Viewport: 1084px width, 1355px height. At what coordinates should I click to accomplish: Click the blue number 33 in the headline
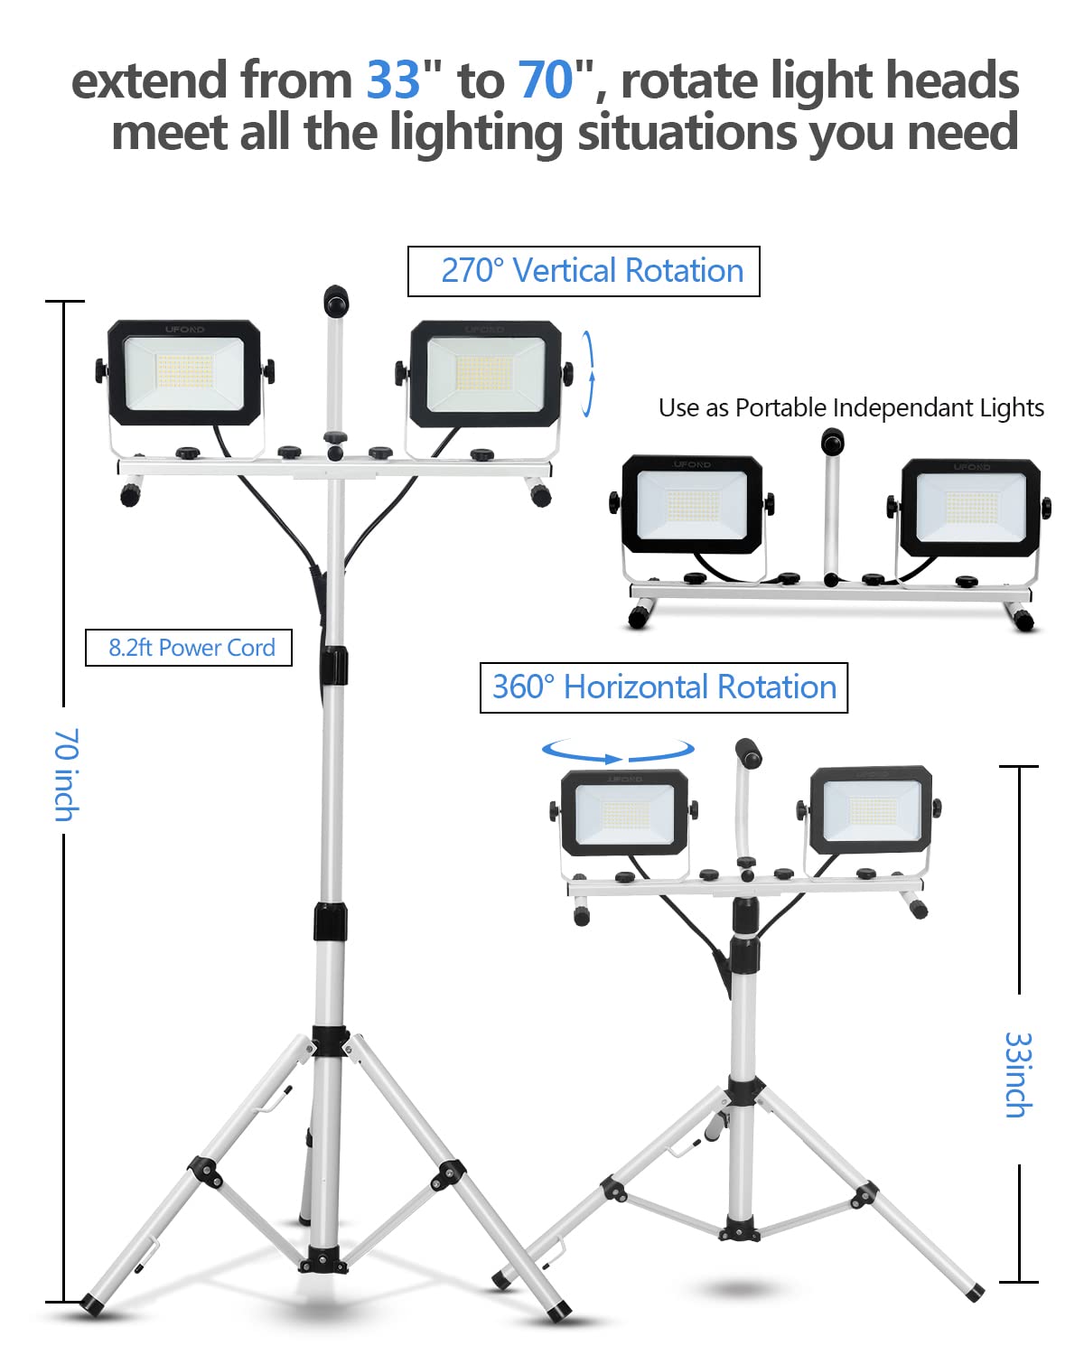point(393,80)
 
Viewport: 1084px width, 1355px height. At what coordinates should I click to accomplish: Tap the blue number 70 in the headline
point(546,80)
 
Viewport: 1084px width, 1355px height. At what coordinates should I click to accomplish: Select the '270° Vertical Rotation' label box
point(584,271)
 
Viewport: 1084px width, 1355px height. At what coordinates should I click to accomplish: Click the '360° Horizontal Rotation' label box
point(663,687)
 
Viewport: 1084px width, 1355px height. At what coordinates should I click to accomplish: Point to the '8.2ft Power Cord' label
point(189,648)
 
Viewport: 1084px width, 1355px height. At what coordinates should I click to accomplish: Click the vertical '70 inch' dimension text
point(66,774)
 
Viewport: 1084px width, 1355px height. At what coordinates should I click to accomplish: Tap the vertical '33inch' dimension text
point(1018,1075)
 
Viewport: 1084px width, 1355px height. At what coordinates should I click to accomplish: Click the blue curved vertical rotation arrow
point(588,373)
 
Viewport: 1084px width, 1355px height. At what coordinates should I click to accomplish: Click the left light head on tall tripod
point(184,371)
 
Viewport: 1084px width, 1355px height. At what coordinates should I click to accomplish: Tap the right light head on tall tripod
point(485,373)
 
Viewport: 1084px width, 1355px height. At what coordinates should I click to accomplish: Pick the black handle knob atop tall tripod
point(336,301)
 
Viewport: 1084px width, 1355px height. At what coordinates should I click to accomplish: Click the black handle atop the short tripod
point(748,751)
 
